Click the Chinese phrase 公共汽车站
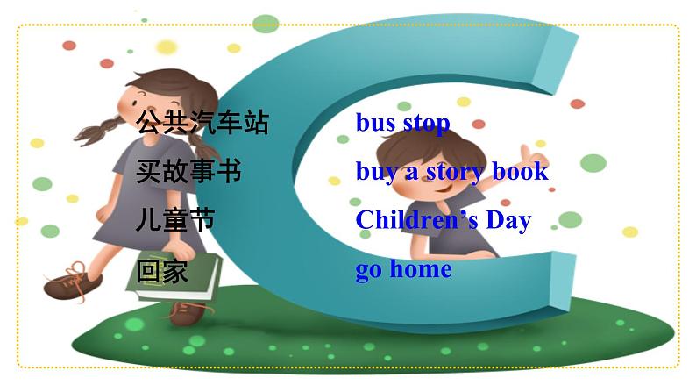click(x=202, y=123)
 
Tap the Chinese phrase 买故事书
click(x=188, y=171)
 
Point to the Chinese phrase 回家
click(x=162, y=270)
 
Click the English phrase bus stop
click(x=402, y=123)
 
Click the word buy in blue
click(x=375, y=172)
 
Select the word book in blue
click(x=520, y=172)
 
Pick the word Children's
click(x=415, y=219)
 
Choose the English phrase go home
click(x=403, y=268)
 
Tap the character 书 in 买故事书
click(x=228, y=171)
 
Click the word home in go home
click(x=421, y=268)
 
